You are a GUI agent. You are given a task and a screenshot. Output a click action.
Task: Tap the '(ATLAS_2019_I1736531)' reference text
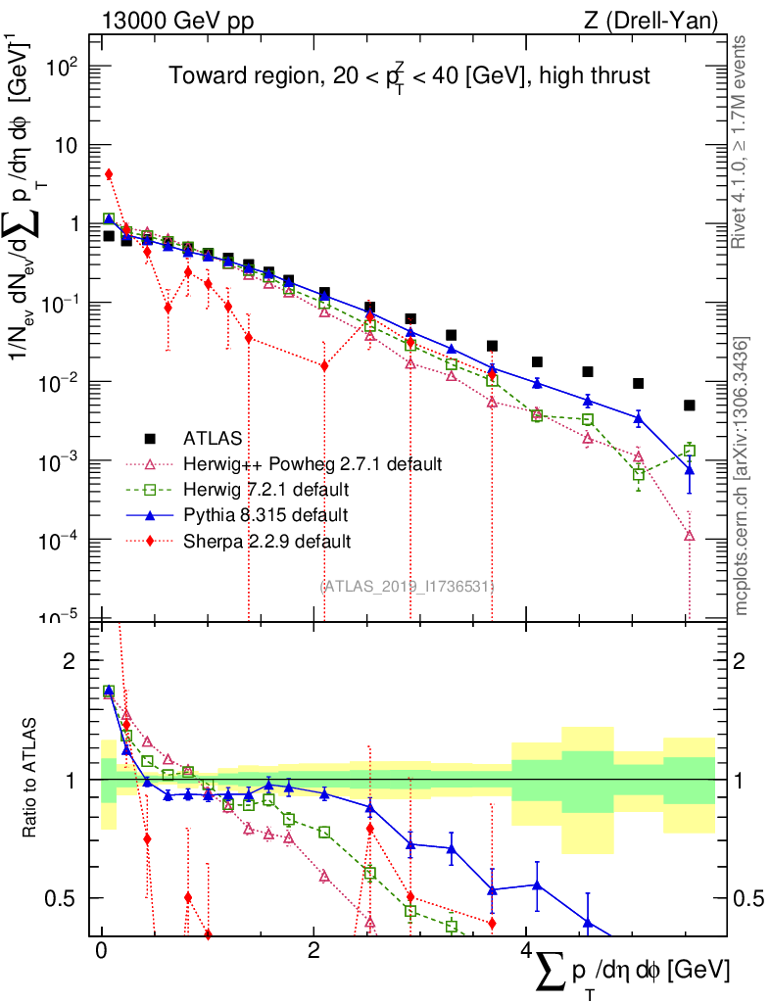(407, 586)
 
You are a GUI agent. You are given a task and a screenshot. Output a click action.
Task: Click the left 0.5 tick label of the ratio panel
(64, 897)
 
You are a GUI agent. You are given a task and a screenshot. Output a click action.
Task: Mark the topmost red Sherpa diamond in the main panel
(109, 174)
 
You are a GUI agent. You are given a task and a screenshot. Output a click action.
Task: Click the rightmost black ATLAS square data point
(690, 406)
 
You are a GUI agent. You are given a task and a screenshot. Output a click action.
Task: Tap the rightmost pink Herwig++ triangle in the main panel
(690, 536)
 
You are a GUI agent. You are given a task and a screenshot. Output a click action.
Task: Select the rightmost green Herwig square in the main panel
(690, 451)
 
